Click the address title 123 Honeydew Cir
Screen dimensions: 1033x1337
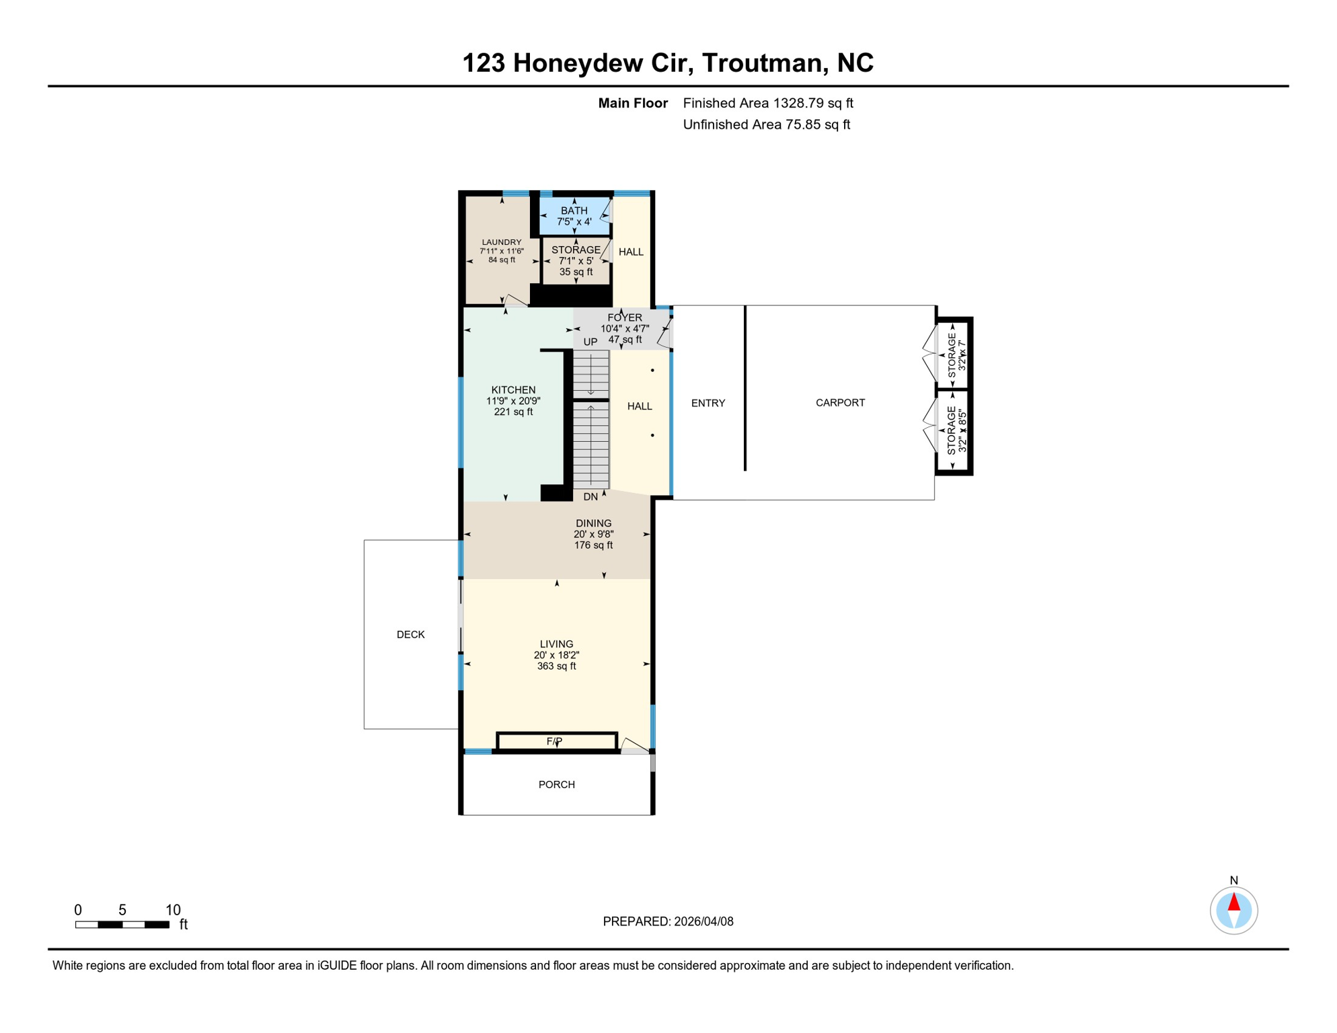[x=667, y=63]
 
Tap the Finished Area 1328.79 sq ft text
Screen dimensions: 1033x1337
[x=767, y=103]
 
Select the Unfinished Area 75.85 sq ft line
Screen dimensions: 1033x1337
[x=766, y=124]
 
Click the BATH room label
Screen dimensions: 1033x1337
[x=574, y=211]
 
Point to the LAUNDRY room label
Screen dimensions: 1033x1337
[x=502, y=243]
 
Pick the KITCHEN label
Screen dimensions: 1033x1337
[x=513, y=390]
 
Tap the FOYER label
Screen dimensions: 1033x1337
[x=624, y=317]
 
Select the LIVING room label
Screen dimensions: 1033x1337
[x=556, y=644]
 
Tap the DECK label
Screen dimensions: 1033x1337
[x=410, y=634]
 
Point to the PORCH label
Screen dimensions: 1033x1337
[x=556, y=784]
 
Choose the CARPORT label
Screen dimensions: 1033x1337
[x=840, y=402]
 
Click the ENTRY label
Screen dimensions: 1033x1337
[x=708, y=403]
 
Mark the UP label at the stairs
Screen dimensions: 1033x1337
[x=590, y=342]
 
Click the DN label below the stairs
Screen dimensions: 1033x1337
[x=590, y=497]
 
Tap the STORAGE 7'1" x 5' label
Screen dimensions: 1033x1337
[x=576, y=250]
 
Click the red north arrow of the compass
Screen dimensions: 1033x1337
[x=1233, y=902]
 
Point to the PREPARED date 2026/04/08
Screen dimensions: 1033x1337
[x=667, y=921]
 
